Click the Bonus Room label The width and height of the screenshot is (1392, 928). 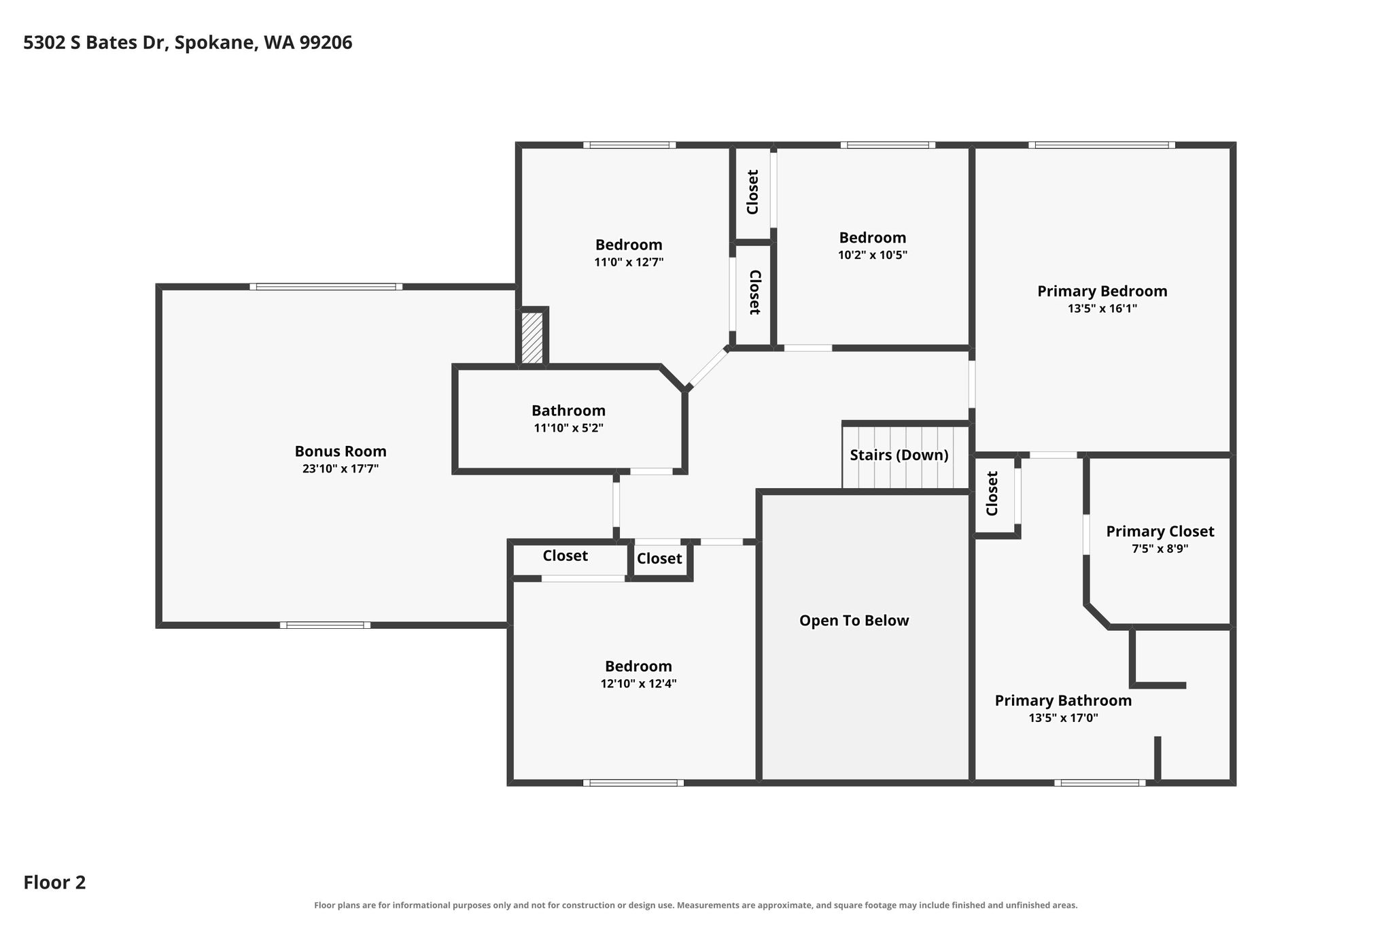(x=341, y=451)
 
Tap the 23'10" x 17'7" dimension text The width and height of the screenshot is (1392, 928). (x=341, y=468)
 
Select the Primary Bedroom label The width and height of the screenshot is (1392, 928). (x=1102, y=292)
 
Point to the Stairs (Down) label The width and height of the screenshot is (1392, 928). (x=899, y=455)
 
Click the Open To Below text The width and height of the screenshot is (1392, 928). (x=854, y=621)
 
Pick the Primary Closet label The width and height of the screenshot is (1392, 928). (x=1160, y=532)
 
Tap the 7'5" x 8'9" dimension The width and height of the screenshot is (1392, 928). (x=1160, y=549)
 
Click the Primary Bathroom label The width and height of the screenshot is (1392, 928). (x=1063, y=701)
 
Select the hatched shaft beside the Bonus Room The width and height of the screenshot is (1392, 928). (x=532, y=338)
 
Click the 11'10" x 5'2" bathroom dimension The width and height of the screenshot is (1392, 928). (x=568, y=428)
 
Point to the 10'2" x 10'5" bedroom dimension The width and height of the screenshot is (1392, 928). (x=873, y=256)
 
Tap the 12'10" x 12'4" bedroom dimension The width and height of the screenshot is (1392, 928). (x=638, y=684)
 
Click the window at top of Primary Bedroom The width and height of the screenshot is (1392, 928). (x=1102, y=145)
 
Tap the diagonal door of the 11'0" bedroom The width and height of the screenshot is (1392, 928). (x=708, y=368)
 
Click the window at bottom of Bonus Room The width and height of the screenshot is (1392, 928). (x=325, y=625)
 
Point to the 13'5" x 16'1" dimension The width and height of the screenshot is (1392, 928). (x=1102, y=309)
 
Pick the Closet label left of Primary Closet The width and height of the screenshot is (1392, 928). (x=992, y=494)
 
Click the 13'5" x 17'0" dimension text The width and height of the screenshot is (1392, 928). (x=1063, y=718)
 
